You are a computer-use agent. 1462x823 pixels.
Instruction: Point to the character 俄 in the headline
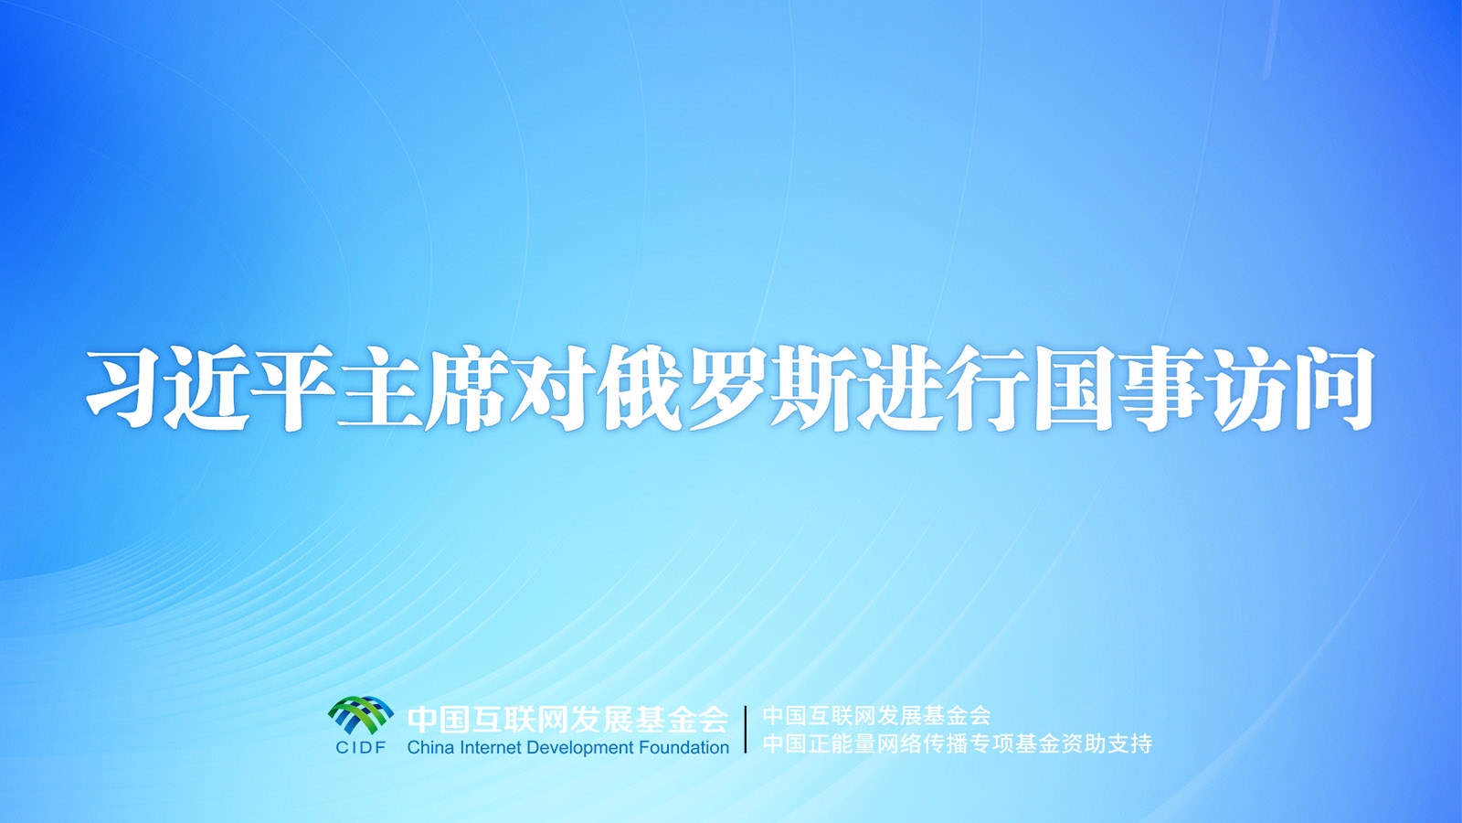(639, 390)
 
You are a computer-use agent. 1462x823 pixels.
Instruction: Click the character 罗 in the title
(726, 390)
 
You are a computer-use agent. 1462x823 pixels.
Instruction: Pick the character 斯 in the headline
(811, 390)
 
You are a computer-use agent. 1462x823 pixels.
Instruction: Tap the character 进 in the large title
(899, 390)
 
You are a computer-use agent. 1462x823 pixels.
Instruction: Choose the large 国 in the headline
(1073, 390)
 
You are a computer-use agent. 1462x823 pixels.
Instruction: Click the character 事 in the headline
(1160, 390)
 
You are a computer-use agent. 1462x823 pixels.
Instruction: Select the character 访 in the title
(1246, 390)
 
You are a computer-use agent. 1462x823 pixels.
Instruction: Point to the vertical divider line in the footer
(746, 730)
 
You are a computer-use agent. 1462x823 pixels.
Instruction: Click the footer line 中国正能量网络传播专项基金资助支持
(958, 743)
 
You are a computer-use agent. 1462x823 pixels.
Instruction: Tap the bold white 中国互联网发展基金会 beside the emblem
(567, 720)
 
